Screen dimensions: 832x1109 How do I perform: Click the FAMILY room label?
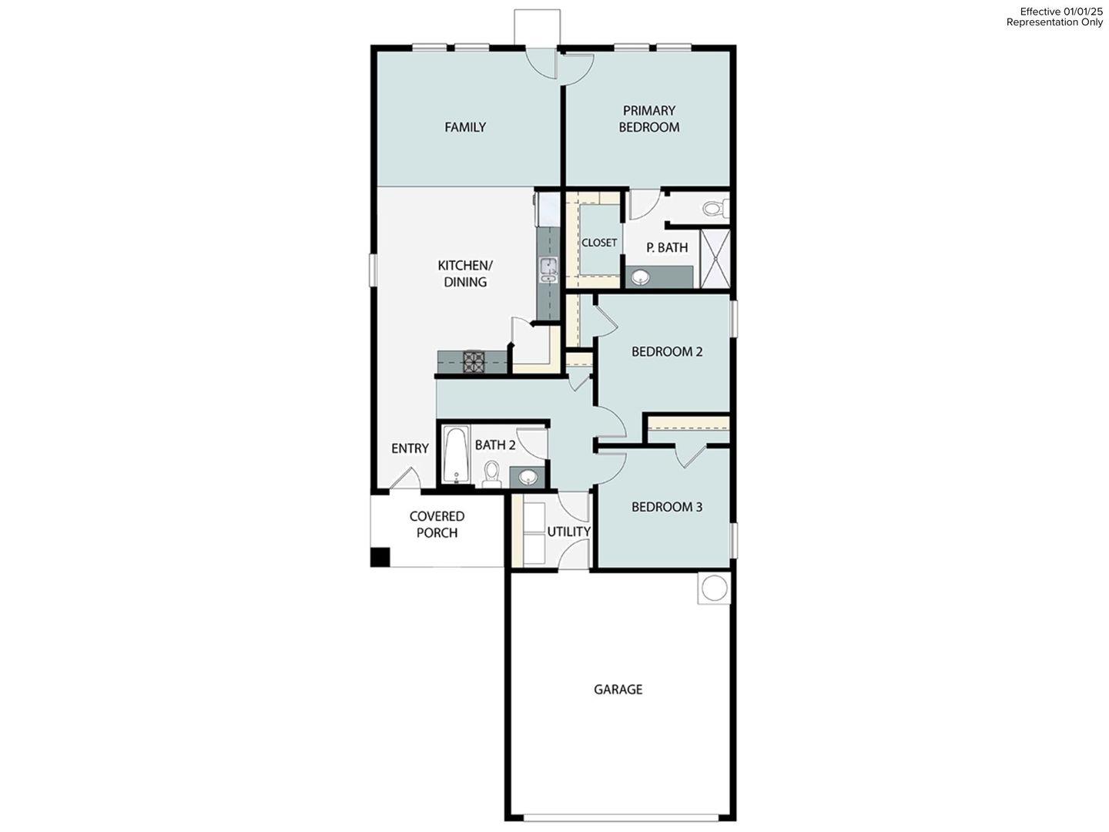tap(465, 127)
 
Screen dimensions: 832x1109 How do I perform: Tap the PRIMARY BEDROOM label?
tap(648, 119)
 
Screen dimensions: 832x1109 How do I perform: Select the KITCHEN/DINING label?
tap(465, 273)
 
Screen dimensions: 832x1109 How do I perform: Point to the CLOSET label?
tap(599, 243)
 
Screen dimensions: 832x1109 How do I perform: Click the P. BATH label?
tap(667, 247)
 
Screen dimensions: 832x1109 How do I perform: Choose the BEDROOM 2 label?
tap(667, 351)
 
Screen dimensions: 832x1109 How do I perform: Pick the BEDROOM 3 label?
tap(667, 507)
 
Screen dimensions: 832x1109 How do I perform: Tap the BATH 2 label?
tap(495, 445)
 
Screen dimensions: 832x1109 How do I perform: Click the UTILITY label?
tap(568, 532)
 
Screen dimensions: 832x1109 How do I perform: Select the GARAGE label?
tap(618, 689)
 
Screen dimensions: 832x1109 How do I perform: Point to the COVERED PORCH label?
tap(437, 525)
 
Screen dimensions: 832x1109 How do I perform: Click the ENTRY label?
tap(410, 448)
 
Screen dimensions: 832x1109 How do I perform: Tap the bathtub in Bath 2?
tap(455, 455)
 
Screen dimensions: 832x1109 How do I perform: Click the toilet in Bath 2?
tap(491, 472)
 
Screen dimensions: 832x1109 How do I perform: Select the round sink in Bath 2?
tap(528, 477)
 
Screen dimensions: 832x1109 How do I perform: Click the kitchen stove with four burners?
tap(473, 361)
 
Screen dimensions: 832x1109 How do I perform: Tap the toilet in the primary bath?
tap(714, 208)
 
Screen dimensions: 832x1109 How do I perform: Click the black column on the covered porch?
tap(380, 557)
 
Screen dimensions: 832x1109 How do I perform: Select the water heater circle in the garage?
tap(713, 588)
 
